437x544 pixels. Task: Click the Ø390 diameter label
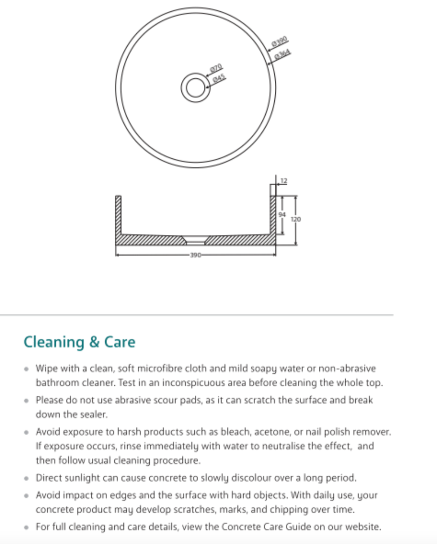coord(280,42)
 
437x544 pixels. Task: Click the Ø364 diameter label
coord(283,54)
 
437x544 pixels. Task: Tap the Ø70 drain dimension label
coord(216,68)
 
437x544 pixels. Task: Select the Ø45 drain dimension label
coord(219,78)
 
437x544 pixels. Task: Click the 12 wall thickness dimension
coord(284,181)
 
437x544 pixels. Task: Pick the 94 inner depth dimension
coord(282,214)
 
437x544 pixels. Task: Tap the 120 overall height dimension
coord(296,219)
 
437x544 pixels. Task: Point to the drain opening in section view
coord(195,240)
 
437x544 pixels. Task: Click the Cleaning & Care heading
coord(79,342)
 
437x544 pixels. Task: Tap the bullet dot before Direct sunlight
coord(27,478)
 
